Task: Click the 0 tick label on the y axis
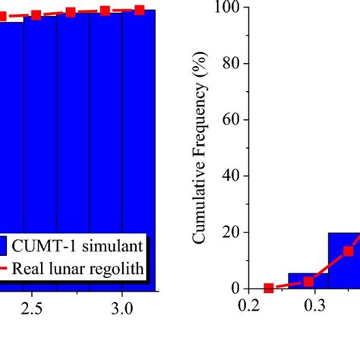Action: (x=232, y=289)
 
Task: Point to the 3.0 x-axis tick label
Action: (x=122, y=308)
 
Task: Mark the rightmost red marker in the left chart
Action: (x=140, y=10)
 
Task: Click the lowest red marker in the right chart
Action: (x=268, y=289)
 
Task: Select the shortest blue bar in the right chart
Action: (x=303, y=280)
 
